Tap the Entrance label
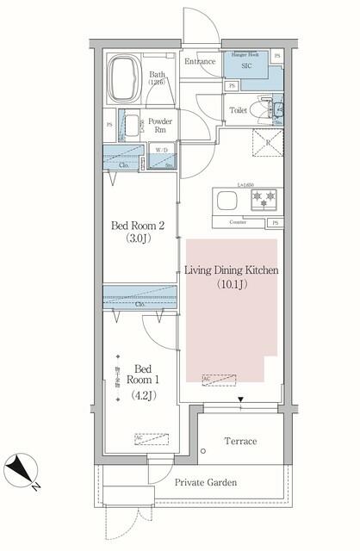(200, 61)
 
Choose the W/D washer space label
(161, 150)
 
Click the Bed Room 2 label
(133, 226)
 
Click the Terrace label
(240, 442)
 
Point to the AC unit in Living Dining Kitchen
(219, 379)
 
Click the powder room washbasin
(131, 124)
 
